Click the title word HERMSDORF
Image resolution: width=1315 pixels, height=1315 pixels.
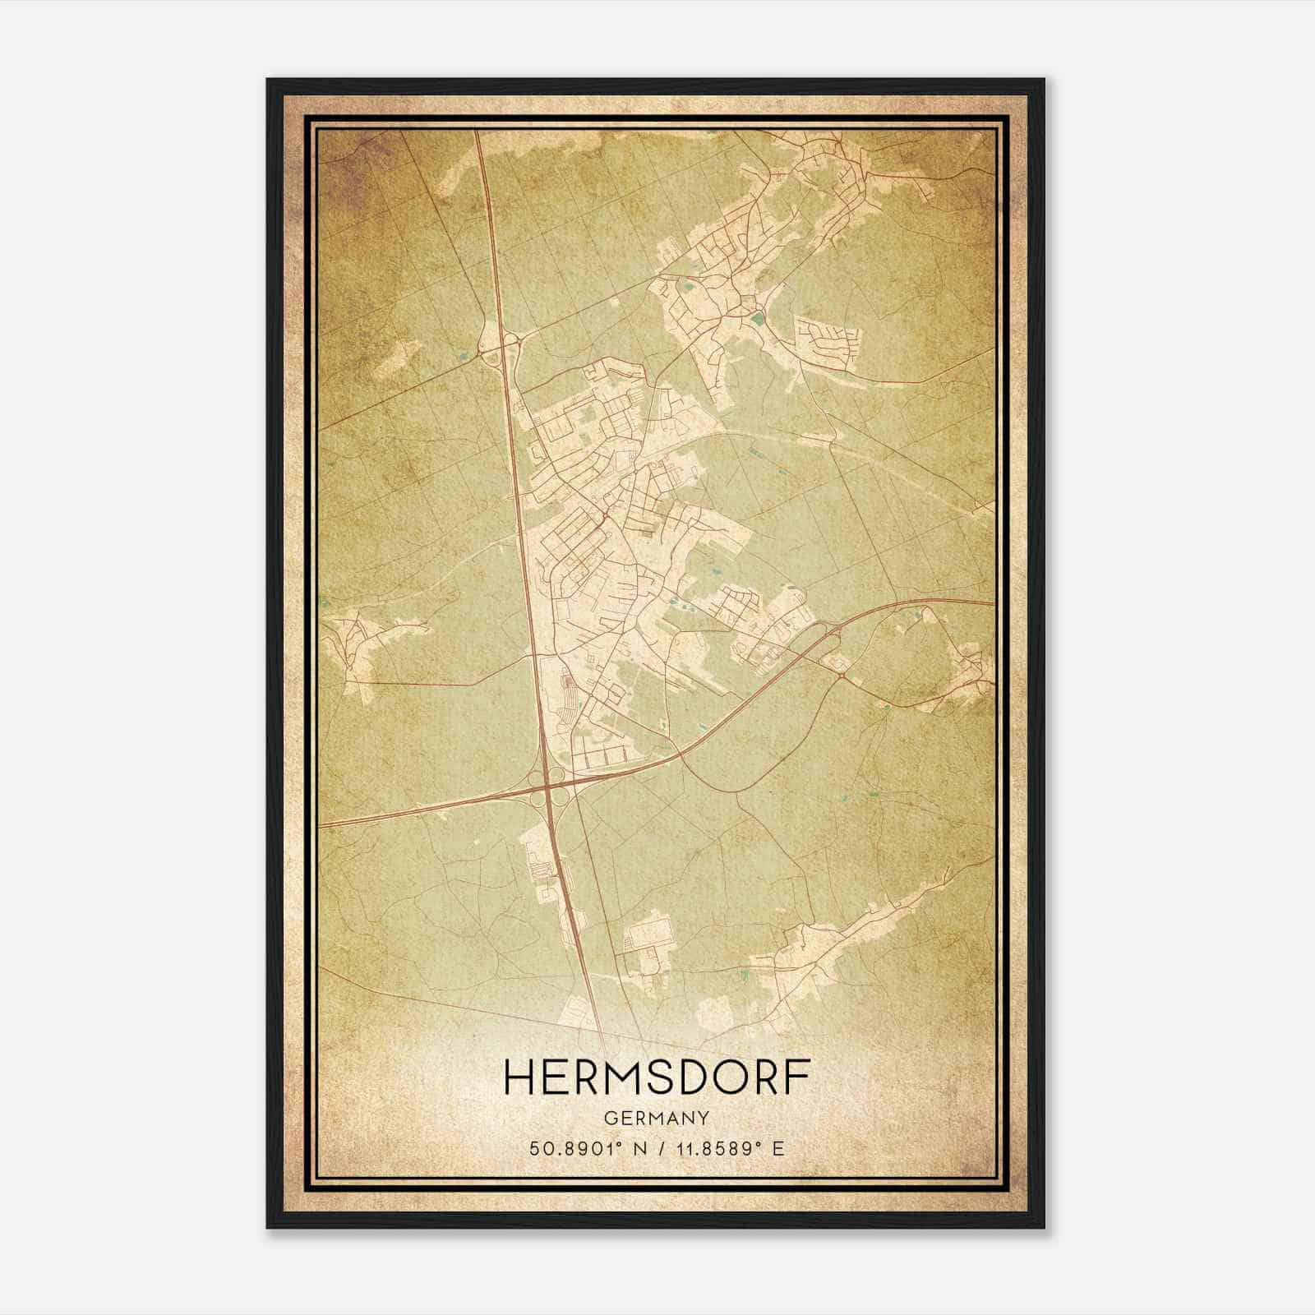[657, 1077]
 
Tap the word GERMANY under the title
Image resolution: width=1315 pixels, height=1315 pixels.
[657, 1118]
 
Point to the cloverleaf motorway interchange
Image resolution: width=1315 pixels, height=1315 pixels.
[547, 787]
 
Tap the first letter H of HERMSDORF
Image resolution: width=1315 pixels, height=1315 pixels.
[519, 1077]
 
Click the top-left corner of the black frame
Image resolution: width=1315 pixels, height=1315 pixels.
[269, 81]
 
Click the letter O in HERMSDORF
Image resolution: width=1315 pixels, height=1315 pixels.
[726, 1077]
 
